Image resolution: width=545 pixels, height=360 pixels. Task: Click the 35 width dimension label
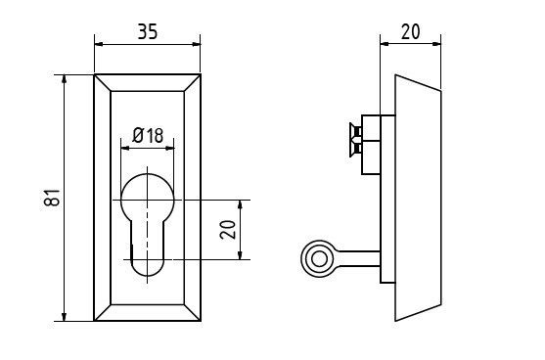pos(148,31)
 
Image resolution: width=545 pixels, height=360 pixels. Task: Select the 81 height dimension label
pos(53,198)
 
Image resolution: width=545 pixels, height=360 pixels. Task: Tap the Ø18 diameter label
pos(148,136)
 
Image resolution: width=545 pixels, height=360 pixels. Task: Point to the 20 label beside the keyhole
pos(228,230)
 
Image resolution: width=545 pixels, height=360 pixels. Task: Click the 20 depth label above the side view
pos(411,31)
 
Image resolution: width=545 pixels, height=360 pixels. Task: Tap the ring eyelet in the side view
pos(319,259)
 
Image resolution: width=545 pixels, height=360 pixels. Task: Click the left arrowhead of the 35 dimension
pos(100,44)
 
